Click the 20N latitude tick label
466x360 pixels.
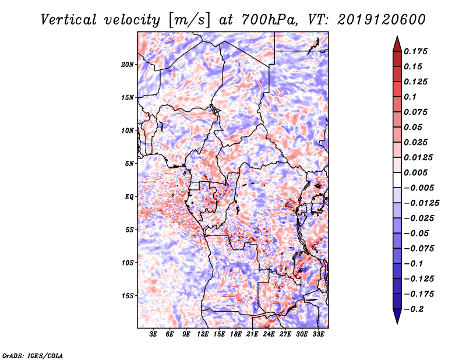tap(128, 64)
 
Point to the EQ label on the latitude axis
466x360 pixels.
tap(129, 197)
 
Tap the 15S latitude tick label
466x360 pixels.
tap(128, 296)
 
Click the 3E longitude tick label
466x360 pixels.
tap(154, 334)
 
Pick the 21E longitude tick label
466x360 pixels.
tap(252, 334)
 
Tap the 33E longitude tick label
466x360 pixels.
tap(318, 334)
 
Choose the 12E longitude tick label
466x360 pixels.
tap(203, 334)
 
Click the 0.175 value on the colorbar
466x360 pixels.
tap(417, 51)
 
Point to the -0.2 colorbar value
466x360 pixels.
tap(415, 309)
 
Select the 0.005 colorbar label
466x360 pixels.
tap(417, 172)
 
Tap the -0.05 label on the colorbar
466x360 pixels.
tap(417, 233)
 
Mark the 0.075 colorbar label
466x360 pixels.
tap(417, 112)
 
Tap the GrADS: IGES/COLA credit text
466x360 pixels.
tap(32, 355)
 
